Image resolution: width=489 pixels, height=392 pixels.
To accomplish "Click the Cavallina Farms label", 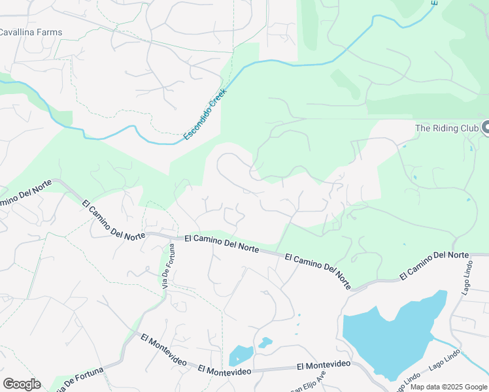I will pos(30,32).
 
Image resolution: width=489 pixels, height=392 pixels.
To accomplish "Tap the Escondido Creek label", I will pos(204,114).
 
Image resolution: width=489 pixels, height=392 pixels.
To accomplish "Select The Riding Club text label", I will pos(447,128).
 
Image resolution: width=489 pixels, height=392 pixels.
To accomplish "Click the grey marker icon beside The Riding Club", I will pos(485,127).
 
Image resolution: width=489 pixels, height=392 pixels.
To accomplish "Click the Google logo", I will pos(22,384).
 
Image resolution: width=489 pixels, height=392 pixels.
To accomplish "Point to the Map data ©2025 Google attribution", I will pos(448,387).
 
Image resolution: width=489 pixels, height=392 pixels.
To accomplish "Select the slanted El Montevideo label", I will pos(163,350).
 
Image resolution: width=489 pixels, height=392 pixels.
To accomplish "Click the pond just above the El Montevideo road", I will pos(240,356).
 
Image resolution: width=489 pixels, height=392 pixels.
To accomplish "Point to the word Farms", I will pos(49,32).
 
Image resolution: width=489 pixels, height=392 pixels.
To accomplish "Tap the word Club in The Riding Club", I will pos(468,128).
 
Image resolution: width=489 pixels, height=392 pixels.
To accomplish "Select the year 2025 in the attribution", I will pos(456,387).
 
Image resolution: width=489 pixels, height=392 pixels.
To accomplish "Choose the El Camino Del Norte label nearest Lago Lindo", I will pos(434,265).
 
